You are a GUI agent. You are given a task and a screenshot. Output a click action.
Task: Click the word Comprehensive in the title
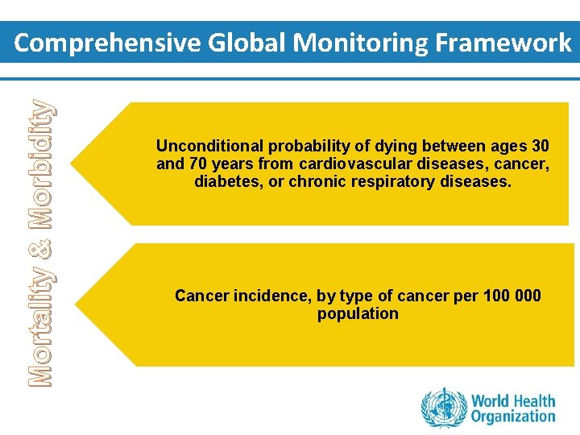click(107, 43)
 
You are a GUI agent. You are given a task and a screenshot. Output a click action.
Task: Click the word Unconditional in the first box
click(209, 147)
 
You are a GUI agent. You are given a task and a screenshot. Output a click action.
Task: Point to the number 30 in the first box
click(541, 147)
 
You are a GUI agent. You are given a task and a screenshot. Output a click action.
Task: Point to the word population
click(358, 313)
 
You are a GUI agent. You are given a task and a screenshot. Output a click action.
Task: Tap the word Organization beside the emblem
click(513, 416)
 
